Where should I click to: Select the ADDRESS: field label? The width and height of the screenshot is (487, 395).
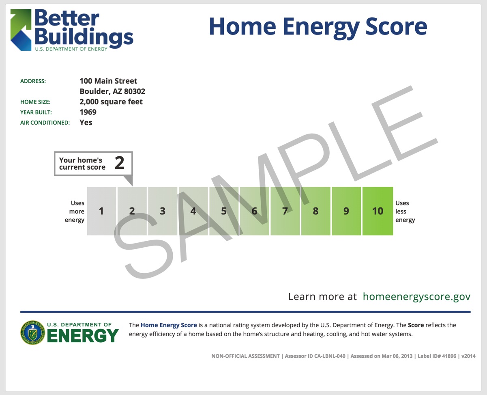coord(33,81)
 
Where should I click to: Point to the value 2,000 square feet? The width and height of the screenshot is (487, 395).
coord(111,102)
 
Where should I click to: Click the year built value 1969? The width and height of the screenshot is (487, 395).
coord(88,112)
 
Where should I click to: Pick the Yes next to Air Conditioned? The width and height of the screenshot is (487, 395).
coord(86,123)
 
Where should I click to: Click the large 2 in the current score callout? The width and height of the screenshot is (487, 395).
coord(119,163)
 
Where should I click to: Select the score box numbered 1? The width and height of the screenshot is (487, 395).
coord(101,211)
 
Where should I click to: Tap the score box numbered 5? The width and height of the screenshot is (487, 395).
coord(224,211)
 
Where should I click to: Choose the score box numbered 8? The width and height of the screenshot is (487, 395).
coord(316,211)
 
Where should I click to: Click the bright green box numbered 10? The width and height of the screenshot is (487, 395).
coord(378,211)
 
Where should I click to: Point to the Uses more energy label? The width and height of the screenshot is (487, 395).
coord(75,211)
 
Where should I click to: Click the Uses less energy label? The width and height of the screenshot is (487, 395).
coord(405,211)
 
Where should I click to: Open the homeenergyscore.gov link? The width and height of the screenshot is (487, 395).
coord(416,297)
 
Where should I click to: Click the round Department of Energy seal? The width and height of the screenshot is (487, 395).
coord(33,332)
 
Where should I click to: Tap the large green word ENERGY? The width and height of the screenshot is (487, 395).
coord(83,336)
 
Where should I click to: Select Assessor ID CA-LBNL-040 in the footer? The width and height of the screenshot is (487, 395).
coord(315,356)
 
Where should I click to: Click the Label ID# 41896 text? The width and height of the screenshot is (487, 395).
coord(437,356)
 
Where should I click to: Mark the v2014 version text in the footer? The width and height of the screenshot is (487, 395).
coord(468,356)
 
